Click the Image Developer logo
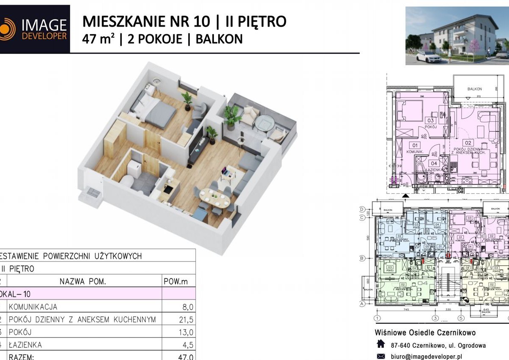click(35, 29)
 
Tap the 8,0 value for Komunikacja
click(187, 307)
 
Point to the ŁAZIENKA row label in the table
click(25, 345)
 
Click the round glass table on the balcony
click(265, 123)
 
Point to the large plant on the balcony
click(232, 115)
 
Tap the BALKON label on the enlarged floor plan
click(474, 89)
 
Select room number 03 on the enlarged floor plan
click(430, 121)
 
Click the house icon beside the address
click(381, 345)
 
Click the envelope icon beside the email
click(381, 356)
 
